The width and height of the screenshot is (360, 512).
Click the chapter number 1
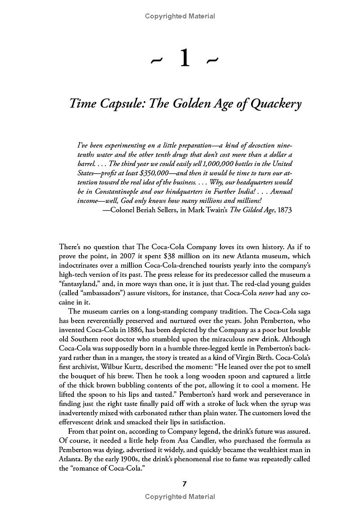point(184,60)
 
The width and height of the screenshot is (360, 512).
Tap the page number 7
point(184,484)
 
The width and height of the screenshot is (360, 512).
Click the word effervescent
point(79,422)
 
